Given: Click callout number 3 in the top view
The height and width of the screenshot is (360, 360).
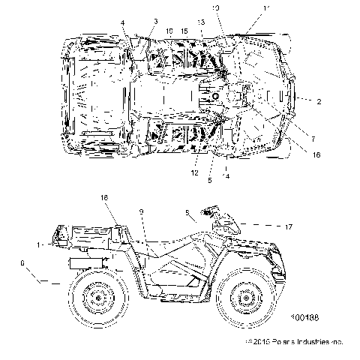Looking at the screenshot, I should (x=155, y=21).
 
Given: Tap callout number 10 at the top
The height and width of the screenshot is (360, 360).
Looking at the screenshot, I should (x=216, y=7).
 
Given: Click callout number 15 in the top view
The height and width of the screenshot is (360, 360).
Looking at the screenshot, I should (x=184, y=31).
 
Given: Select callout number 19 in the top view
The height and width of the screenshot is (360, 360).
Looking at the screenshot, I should (x=169, y=31).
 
